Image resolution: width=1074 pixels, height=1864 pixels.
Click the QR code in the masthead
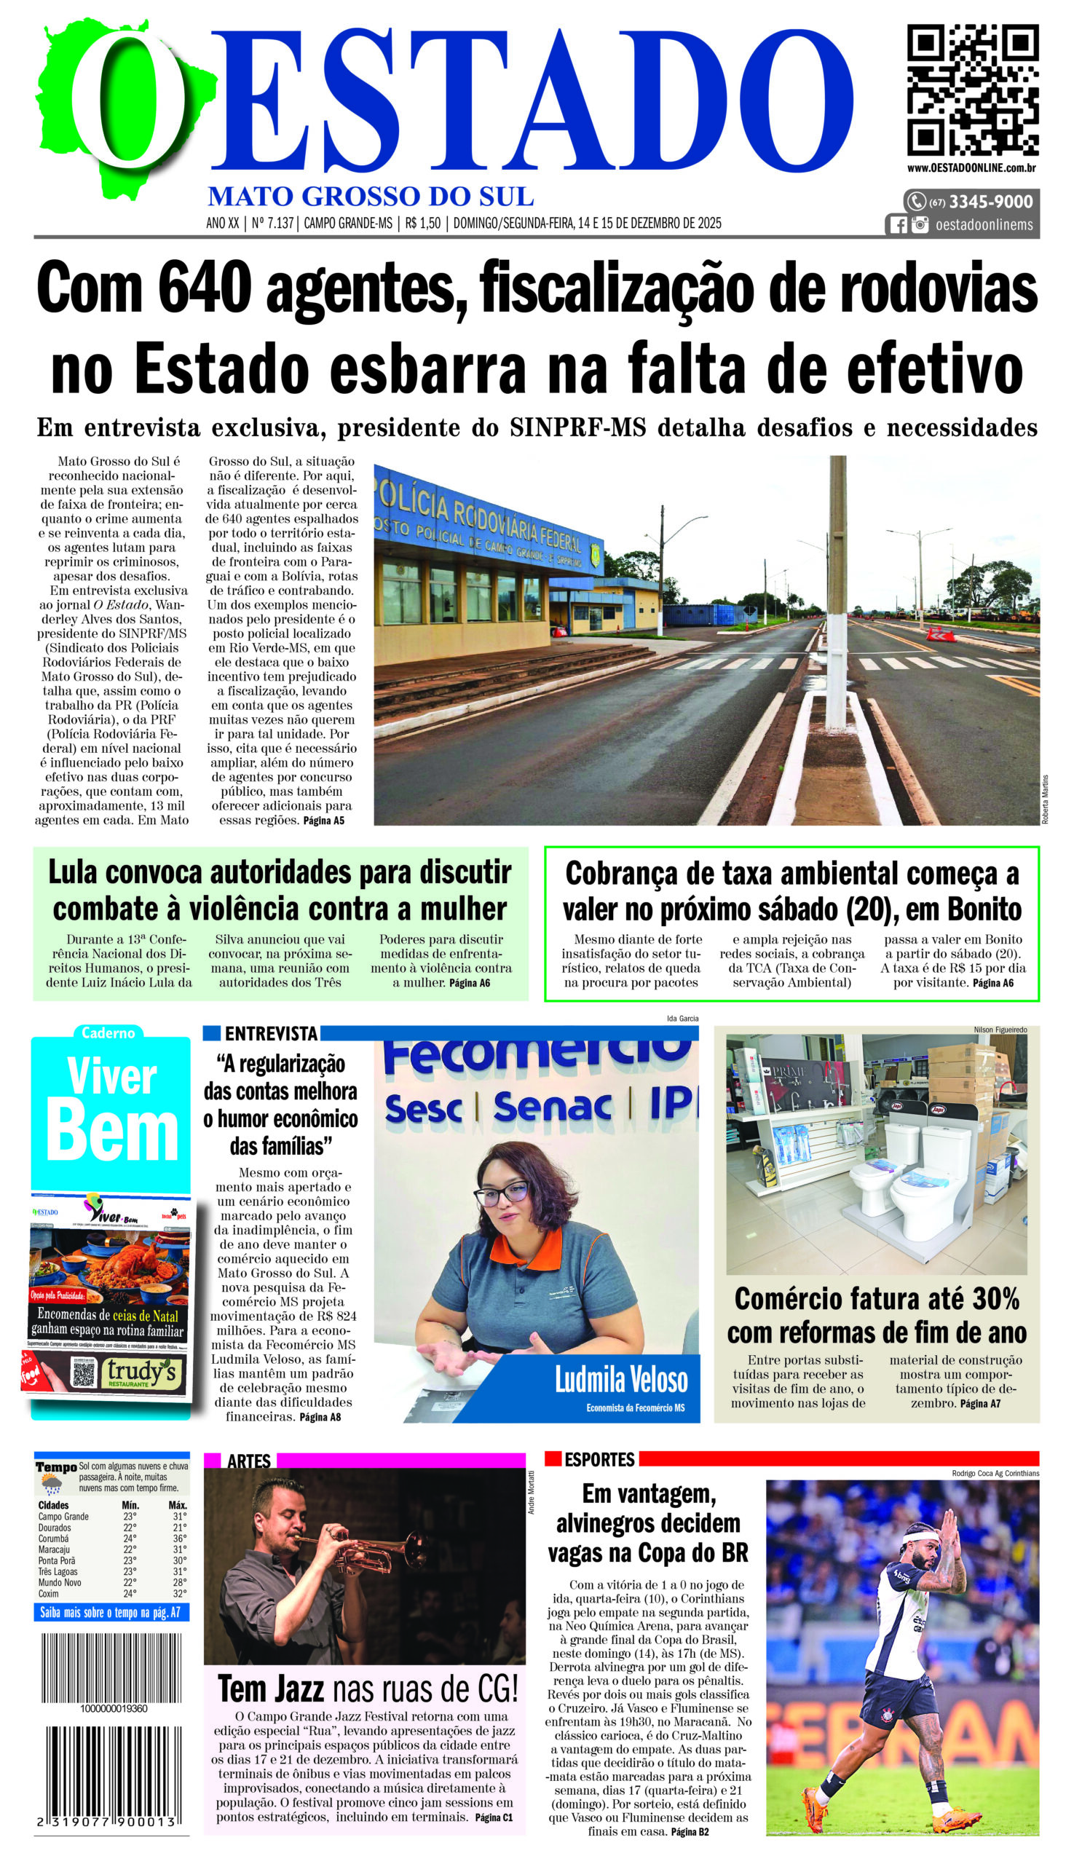pos(972,90)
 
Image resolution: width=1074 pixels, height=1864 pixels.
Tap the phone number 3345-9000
pos(990,202)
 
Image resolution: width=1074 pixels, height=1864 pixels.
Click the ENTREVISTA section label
pos(271,1033)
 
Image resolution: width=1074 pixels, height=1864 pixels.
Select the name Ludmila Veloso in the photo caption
pos(621,1380)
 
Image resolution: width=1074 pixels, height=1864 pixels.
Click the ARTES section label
pos(248,1461)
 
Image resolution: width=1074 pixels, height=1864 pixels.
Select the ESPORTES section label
pos(599,1460)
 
